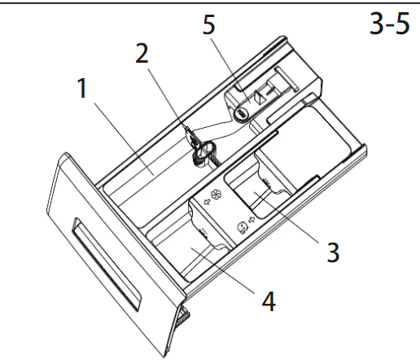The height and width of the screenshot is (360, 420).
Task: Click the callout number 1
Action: click(x=82, y=88)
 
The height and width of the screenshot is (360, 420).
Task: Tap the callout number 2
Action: click(x=142, y=54)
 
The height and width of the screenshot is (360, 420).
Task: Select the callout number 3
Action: click(x=333, y=252)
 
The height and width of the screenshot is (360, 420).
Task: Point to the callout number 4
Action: click(x=269, y=301)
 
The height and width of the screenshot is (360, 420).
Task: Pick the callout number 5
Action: click(x=209, y=24)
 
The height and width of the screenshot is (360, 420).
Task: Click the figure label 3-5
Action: click(x=390, y=24)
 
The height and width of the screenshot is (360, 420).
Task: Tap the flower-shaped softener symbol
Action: click(x=217, y=195)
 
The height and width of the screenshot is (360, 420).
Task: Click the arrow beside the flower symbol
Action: click(x=207, y=202)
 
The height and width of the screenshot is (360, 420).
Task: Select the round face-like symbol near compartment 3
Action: click(x=242, y=228)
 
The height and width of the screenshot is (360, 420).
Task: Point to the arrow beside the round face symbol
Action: click(x=252, y=220)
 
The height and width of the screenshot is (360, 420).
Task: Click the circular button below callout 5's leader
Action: click(x=241, y=114)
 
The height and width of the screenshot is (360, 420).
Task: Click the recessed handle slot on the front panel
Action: click(x=106, y=264)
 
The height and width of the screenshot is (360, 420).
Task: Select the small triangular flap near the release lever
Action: click(x=260, y=95)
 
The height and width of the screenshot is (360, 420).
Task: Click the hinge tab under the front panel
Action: click(x=184, y=315)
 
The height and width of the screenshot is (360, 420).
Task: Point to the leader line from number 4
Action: click(x=223, y=271)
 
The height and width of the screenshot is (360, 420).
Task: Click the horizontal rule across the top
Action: click(x=210, y=2)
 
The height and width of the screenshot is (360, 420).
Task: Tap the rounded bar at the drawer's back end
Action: click(x=287, y=79)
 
